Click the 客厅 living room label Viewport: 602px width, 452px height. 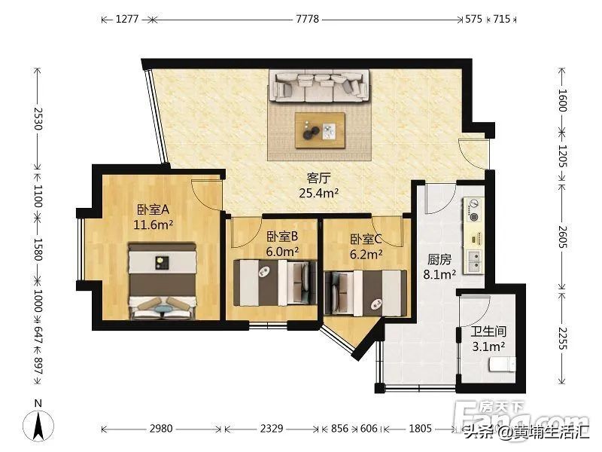[x=319, y=179]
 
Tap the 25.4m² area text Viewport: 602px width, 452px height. [x=319, y=193]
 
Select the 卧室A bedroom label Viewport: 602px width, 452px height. [x=153, y=209]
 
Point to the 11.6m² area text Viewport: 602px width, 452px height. [x=154, y=224]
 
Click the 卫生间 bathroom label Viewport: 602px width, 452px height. [x=488, y=332]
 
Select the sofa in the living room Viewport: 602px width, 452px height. [x=321, y=85]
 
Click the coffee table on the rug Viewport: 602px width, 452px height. [x=320, y=130]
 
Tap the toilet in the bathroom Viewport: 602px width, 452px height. [x=501, y=365]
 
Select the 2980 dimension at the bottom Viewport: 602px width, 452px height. [x=161, y=429]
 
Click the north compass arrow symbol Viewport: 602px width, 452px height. [x=37, y=426]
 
